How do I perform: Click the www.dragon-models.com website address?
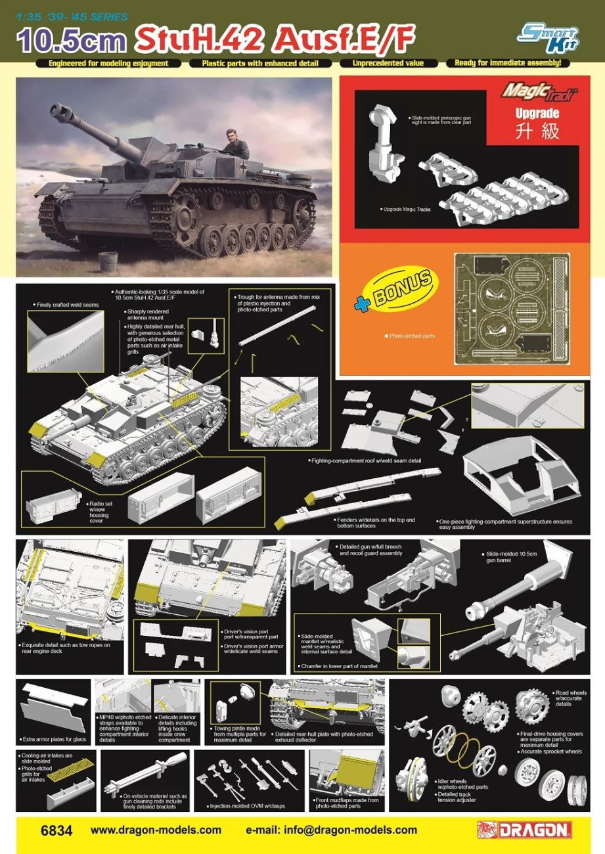point(156,830)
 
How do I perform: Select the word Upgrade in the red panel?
point(537,113)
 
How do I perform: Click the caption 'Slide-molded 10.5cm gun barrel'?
point(511,558)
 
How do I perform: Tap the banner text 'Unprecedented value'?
point(387,64)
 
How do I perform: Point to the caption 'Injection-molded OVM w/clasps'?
point(248,806)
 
